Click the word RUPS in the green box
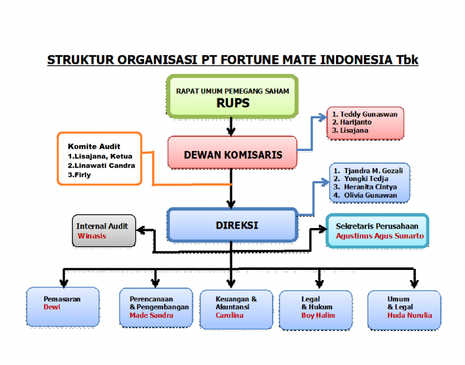tap(233, 103)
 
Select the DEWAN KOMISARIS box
tap(232, 153)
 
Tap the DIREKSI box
tap(232, 225)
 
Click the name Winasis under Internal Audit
tap(92, 236)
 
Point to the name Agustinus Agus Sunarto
tap(380, 236)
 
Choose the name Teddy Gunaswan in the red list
tap(369, 114)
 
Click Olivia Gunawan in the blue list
tap(371, 195)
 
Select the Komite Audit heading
tap(94, 147)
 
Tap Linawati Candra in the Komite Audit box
tap(105, 166)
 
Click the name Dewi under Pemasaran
tap(52, 307)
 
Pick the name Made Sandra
tap(151, 315)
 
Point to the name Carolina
tap(229, 315)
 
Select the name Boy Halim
tap(318, 315)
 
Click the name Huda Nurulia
tap(410, 315)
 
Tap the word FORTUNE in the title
tap(249, 59)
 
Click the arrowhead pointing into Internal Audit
tap(140, 230)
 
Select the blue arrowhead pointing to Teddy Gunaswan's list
tap(322, 117)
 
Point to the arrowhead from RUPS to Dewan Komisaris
tap(231, 132)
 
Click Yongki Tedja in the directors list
tap(366, 179)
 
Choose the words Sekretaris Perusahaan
tap(377, 226)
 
